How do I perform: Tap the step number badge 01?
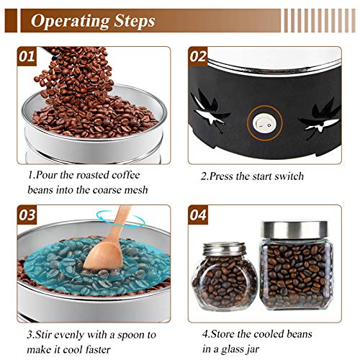point(27,56)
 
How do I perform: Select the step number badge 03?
point(27,215)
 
